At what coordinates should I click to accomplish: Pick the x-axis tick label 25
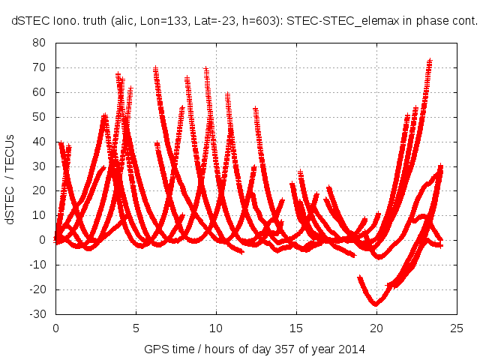456,328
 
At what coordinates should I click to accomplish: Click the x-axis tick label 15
295,328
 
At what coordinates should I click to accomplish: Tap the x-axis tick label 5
136,328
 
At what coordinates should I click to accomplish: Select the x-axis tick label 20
376,328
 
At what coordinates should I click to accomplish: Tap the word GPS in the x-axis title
156,349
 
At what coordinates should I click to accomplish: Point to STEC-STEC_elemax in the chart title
342,22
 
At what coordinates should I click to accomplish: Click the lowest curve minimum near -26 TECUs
376,304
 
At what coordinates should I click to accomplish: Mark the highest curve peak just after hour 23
430,61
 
